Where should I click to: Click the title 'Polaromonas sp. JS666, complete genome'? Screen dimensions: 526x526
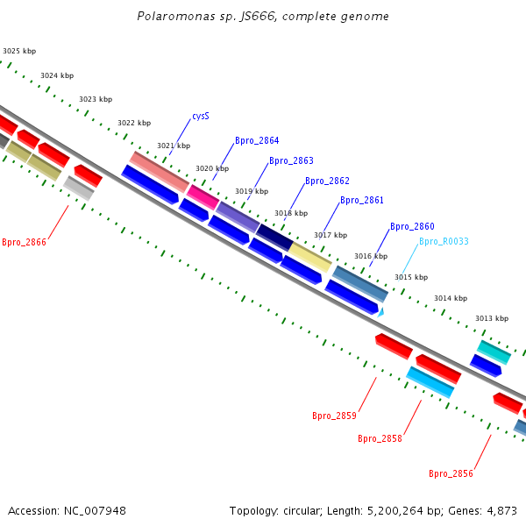[x=263, y=17]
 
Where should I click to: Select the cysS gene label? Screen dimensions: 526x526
[x=201, y=116]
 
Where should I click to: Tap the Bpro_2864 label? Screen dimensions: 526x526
[x=257, y=140]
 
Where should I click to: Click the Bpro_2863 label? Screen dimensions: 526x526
[x=291, y=160]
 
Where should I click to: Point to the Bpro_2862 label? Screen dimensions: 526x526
[x=327, y=181]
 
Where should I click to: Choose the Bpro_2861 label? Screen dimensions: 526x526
[x=362, y=200]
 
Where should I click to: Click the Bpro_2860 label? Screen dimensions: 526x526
[x=412, y=226]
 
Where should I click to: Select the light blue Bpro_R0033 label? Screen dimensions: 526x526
[x=444, y=241]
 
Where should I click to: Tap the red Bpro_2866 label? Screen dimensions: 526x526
[x=24, y=242]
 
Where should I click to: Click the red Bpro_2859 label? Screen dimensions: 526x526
[x=334, y=416]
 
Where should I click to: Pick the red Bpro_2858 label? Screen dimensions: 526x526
[x=380, y=438]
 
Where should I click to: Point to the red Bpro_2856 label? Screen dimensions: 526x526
[x=451, y=473]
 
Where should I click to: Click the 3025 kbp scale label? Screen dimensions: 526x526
[x=19, y=52]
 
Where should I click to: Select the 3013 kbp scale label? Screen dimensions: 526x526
[x=492, y=318]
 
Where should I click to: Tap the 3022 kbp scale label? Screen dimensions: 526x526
[x=134, y=123]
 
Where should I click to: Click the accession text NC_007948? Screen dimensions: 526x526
[x=67, y=510]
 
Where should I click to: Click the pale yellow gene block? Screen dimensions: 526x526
[x=310, y=258]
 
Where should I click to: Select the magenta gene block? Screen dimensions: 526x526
[x=203, y=197]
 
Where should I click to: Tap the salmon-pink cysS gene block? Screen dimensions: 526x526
[x=159, y=172]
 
